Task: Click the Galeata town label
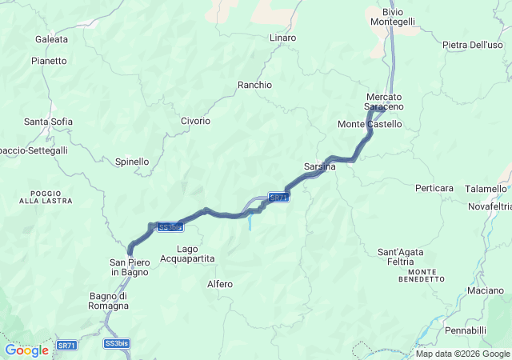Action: pos(51,38)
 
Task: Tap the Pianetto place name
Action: pos(49,60)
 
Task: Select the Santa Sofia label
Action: pos(48,122)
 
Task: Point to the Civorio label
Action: pos(195,121)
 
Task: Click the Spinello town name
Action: pos(132,162)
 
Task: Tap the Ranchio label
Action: pos(254,85)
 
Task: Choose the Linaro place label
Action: pos(282,38)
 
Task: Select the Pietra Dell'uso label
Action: pos(472,45)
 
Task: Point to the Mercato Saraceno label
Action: pos(384,102)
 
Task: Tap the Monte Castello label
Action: pos(370,124)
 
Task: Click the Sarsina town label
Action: pos(319,166)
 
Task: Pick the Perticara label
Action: pos(434,188)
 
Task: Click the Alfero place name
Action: pos(220,284)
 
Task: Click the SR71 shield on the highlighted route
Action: pos(278,197)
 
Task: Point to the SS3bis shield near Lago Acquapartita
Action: pos(170,227)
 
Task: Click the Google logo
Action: pos(26,350)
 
